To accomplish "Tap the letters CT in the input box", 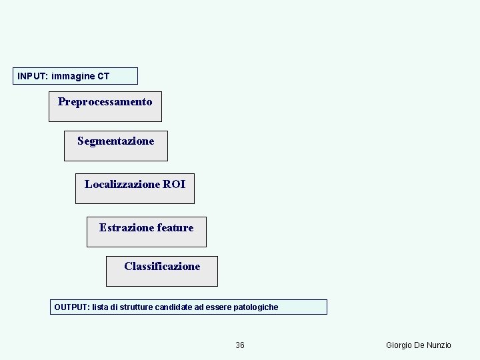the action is pos(103,76).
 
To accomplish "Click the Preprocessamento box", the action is pos(105,106).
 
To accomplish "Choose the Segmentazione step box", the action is pos(115,145).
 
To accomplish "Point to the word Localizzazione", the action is pos(122,184).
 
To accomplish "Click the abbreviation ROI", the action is pos(174,184).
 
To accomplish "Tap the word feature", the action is pos(175,228).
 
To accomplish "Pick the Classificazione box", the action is pos(161,270).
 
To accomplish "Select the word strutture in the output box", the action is pos(137,307).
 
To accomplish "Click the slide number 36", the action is pos(240,345).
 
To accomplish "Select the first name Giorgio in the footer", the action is pos(401,345).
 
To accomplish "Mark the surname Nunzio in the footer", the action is pos(439,345).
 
